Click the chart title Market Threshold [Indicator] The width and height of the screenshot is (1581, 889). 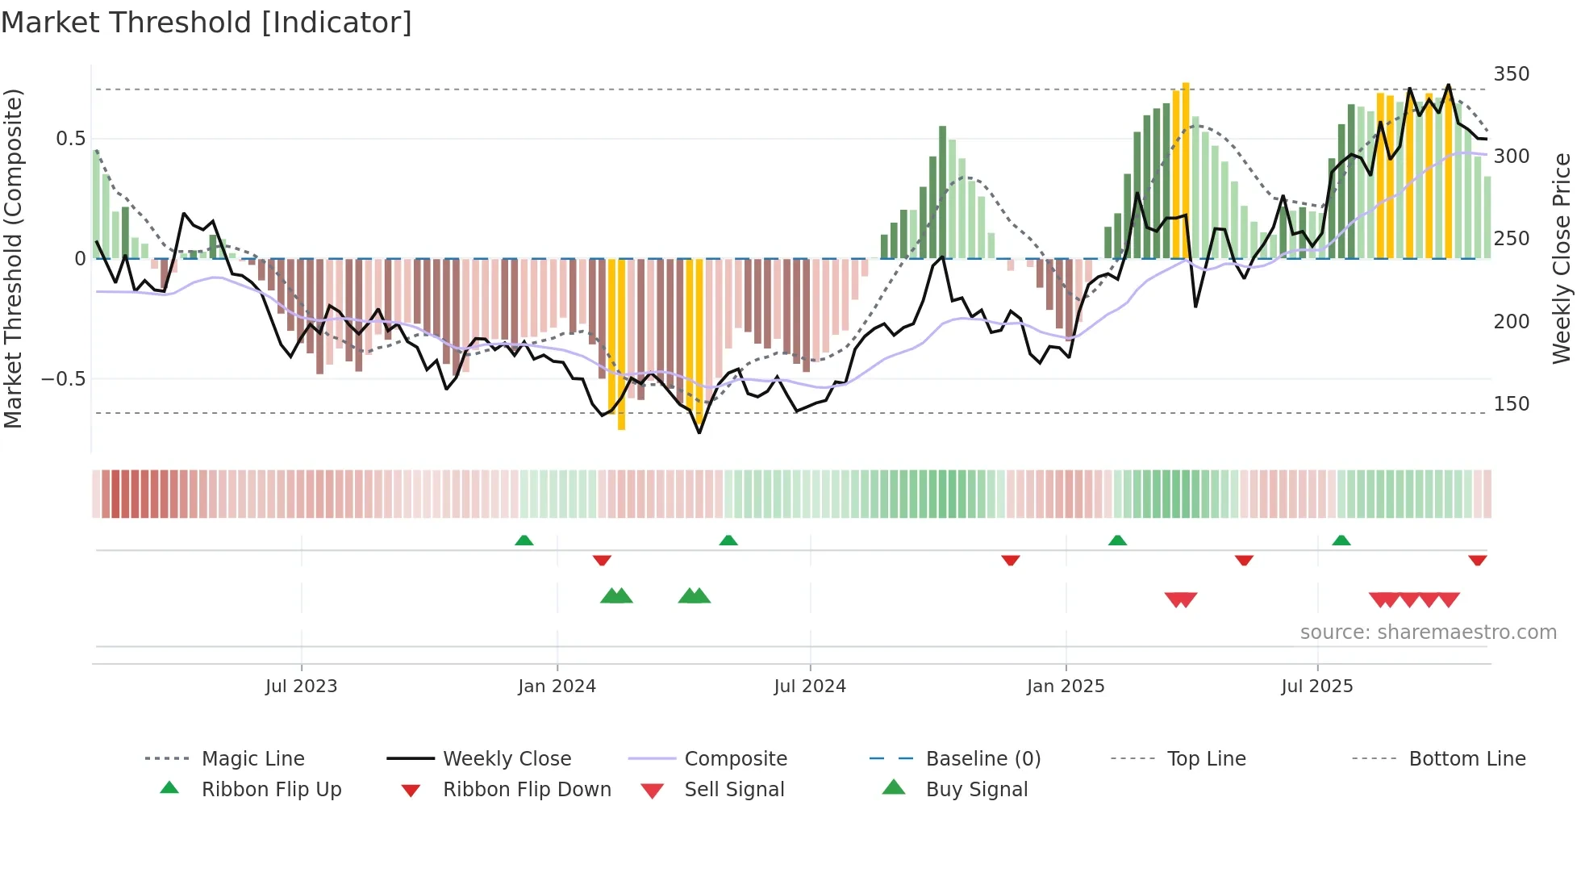(206, 23)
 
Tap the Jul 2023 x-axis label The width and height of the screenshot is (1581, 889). (301, 687)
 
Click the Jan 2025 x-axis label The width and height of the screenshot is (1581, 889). (1065, 687)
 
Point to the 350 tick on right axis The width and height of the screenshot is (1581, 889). (1511, 74)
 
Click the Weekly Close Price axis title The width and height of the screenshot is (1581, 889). (1562, 258)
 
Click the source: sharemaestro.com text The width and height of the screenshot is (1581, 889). (1428, 632)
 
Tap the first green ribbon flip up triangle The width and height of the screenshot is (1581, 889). (524, 540)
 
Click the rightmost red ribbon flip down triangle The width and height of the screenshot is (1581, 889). (1477, 560)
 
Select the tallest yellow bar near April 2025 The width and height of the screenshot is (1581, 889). (1185, 169)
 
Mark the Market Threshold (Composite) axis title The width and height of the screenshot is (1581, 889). (13, 258)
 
